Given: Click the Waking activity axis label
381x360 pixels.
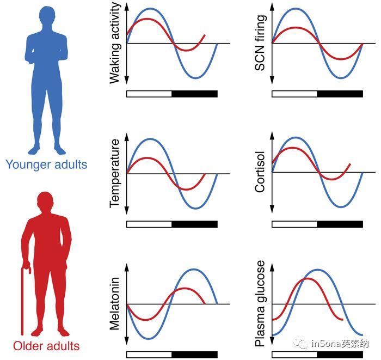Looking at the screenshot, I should click(x=114, y=42).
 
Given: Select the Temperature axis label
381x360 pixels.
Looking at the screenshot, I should click(x=114, y=173).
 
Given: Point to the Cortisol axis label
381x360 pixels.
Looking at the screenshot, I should click(x=260, y=172).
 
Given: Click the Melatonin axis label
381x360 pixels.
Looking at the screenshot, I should click(x=114, y=304).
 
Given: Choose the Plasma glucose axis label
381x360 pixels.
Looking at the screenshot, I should click(x=260, y=303).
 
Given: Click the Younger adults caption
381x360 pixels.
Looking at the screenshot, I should click(x=46, y=164).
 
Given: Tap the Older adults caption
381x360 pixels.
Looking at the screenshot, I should click(x=46, y=346).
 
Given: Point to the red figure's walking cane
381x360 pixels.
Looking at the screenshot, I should click(x=24, y=300).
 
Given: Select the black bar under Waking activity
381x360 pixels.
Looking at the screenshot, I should click(x=194, y=94).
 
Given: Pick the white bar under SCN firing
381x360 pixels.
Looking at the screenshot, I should click(x=294, y=94).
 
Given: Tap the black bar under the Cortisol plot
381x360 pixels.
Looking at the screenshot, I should click(x=340, y=224).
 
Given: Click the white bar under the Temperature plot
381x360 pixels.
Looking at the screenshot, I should click(x=149, y=224).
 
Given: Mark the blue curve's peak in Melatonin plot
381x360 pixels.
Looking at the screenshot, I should click(x=194, y=269).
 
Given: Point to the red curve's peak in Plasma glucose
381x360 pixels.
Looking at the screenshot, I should click(x=307, y=279).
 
